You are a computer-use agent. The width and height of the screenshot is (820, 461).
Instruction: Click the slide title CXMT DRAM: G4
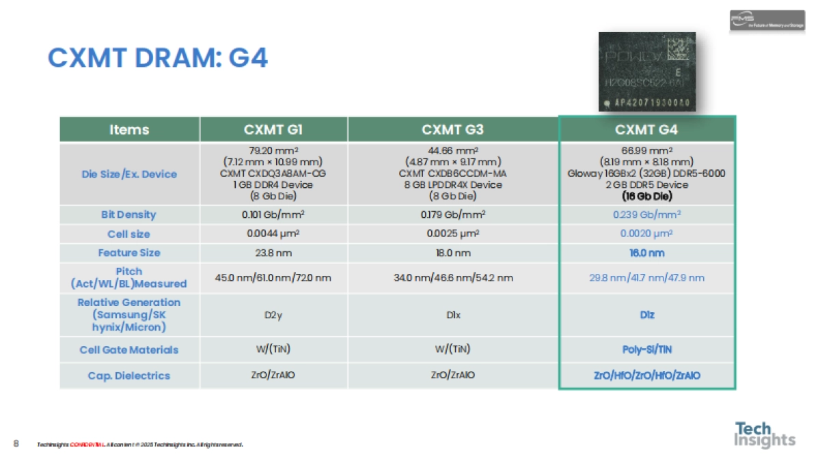157,59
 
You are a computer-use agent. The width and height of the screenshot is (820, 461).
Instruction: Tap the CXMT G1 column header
273,130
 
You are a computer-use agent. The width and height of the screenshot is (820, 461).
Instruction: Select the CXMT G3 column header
453,130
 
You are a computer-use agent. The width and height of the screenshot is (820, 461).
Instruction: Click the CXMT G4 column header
646,130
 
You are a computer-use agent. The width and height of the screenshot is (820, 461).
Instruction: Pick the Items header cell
129,130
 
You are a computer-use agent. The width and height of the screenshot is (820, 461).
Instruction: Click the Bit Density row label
128,214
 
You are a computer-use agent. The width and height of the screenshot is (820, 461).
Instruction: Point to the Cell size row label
128,234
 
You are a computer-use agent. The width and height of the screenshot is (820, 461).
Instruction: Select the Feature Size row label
128,253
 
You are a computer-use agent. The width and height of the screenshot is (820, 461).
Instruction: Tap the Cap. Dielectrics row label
128,376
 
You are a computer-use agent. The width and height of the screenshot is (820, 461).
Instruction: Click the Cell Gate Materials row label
128,350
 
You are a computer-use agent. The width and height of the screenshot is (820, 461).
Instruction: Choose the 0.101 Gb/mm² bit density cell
273,214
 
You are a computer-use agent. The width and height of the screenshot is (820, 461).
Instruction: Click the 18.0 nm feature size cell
453,253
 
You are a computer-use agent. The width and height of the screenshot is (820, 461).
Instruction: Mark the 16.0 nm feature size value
646,253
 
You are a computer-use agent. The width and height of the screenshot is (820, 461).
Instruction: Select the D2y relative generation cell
273,315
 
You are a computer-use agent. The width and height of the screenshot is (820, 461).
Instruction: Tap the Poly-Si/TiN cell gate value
646,350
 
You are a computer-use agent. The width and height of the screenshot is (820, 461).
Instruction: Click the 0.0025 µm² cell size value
453,234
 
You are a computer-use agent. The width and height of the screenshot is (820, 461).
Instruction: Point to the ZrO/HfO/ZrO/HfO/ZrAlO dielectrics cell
646,376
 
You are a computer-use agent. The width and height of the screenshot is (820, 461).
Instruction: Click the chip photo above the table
646,72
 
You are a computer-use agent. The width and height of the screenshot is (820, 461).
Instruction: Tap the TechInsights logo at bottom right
765,435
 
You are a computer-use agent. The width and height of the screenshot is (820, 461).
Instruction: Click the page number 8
16,444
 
